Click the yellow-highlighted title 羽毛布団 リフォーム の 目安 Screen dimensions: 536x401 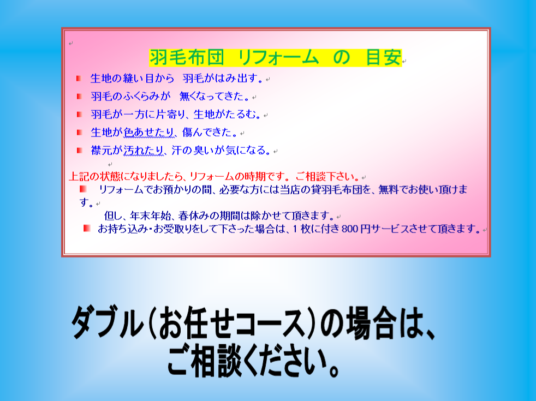pyautogui.click(x=275, y=57)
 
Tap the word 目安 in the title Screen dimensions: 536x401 pyautogui.click(x=383, y=57)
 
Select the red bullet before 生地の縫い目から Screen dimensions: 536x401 pyautogui.click(x=79, y=79)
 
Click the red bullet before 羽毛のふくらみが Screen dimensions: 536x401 pyautogui.click(x=79, y=97)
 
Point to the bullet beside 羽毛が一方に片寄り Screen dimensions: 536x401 pyautogui.click(x=79, y=114)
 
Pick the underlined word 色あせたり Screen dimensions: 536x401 pyautogui.click(x=149, y=132)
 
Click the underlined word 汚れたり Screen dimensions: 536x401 pyautogui.click(x=144, y=150)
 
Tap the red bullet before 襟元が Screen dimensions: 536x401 pyautogui.click(x=79, y=150)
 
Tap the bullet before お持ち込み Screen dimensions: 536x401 pyautogui.click(x=86, y=228)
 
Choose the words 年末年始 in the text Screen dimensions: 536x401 pyautogui.click(x=151, y=216)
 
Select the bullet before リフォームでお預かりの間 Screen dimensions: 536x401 pyautogui.click(x=83, y=189)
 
